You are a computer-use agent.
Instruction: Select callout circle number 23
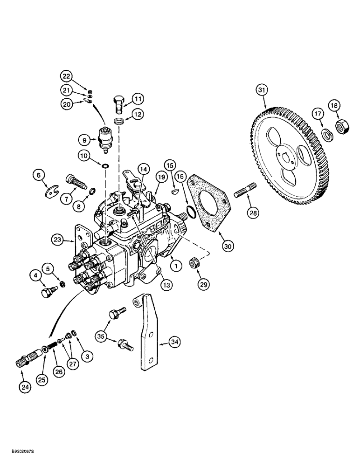57,240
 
